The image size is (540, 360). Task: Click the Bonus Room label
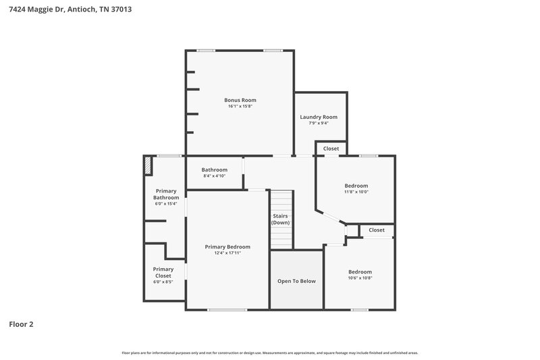click(241, 100)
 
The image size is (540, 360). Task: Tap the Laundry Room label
click(319, 117)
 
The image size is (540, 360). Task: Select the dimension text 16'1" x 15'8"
click(241, 106)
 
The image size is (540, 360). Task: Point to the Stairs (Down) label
click(281, 220)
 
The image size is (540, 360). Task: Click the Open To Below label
click(297, 281)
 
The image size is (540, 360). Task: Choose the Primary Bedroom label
click(227, 247)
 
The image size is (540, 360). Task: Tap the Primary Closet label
click(163, 272)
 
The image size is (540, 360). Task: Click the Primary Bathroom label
click(166, 194)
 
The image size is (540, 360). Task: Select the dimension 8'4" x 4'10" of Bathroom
click(214, 176)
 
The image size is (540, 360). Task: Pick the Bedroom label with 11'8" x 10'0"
click(356, 186)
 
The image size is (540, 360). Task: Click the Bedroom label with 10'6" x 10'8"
click(360, 272)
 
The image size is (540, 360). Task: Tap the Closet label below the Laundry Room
click(331, 148)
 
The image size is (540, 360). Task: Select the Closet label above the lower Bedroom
click(376, 230)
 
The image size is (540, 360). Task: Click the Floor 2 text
click(21, 324)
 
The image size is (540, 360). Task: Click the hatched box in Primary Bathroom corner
click(147, 166)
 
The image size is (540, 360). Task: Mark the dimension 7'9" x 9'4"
click(319, 123)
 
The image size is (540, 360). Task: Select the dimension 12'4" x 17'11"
click(227, 253)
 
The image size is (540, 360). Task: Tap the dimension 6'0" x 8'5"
click(163, 282)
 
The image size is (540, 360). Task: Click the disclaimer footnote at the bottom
click(269, 353)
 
